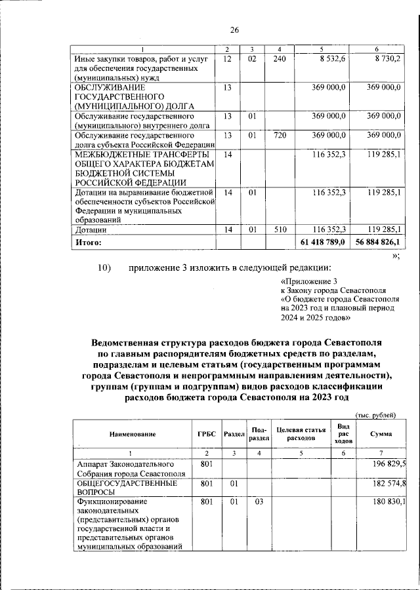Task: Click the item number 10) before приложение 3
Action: (x=106, y=267)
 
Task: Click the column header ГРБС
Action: (x=204, y=434)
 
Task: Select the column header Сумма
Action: (x=381, y=434)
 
